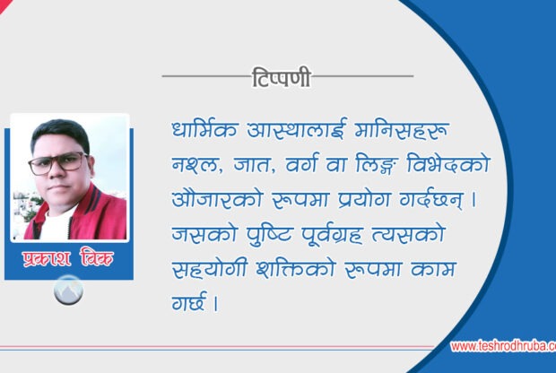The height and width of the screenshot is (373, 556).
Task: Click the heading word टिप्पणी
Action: (x=281, y=78)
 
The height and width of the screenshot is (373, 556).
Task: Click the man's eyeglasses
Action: (x=59, y=163)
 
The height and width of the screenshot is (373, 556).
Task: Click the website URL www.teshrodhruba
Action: (x=502, y=346)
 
